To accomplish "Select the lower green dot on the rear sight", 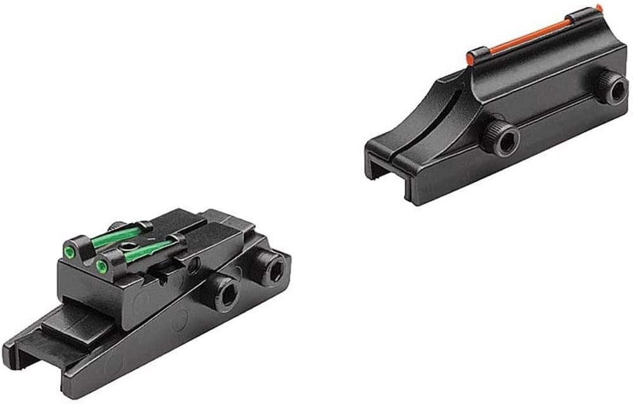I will [99, 266].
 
